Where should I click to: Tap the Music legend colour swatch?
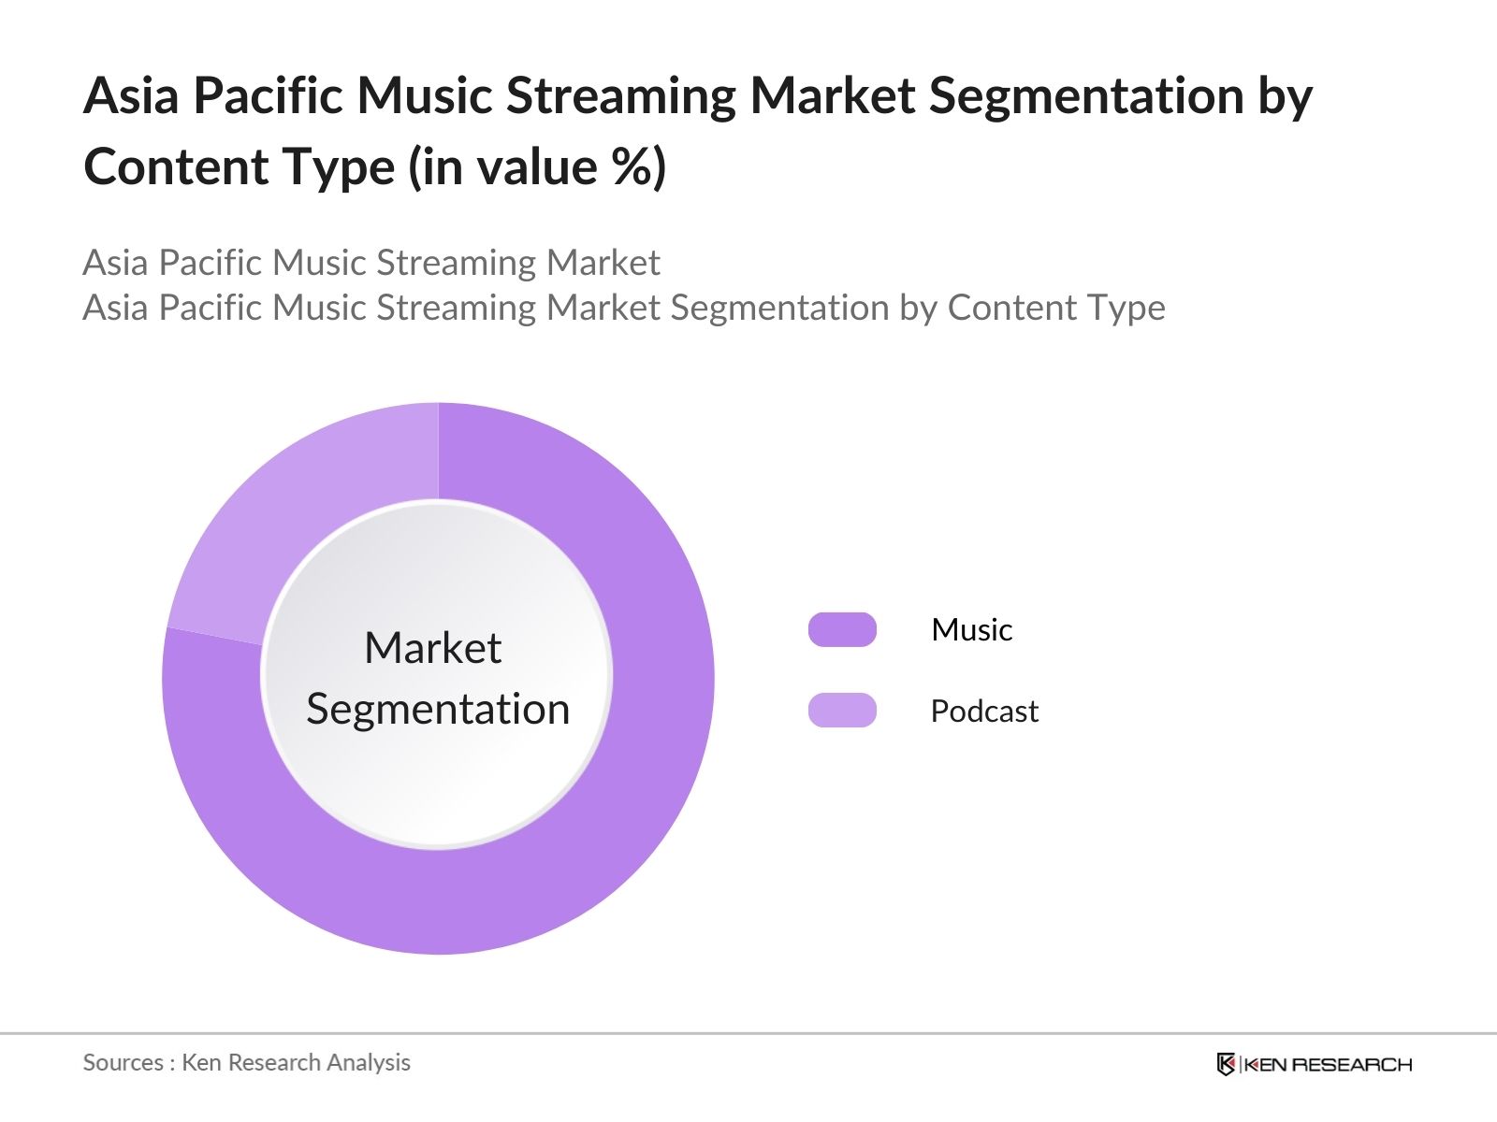click(x=842, y=629)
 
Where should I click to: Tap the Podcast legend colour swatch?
click(x=842, y=711)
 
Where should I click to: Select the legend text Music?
click(x=971, y=629)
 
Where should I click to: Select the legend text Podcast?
click(x=983, y=711)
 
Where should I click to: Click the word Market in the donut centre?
click(x=432, y=648)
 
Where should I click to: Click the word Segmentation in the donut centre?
click(x=438, y=709)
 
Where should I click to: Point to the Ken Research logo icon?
click(x=1226, y=1064)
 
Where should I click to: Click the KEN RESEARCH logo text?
click(x=1329, y=1064)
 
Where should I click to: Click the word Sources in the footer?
click(x=124, y=1062)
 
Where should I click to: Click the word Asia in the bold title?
click(x=130, y=95)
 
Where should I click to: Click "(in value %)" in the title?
click(x=537, y=167)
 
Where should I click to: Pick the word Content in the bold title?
click(x=175, y=167)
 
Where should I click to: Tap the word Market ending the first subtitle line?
click(x=603, y=263)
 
